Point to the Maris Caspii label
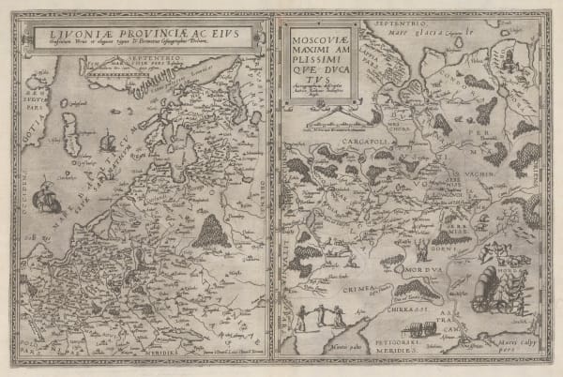pos(511,355)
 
